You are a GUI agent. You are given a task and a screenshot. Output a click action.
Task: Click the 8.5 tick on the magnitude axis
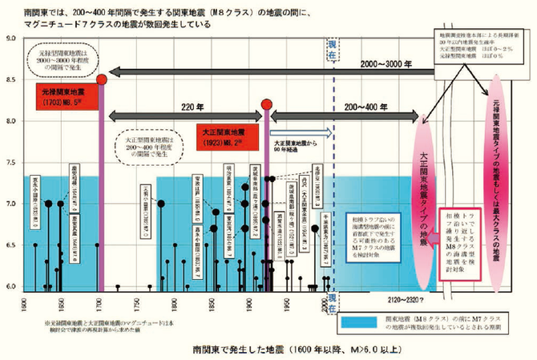[x=10, y=79]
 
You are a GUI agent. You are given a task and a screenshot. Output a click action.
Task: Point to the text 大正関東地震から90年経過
[x=299, y=142]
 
